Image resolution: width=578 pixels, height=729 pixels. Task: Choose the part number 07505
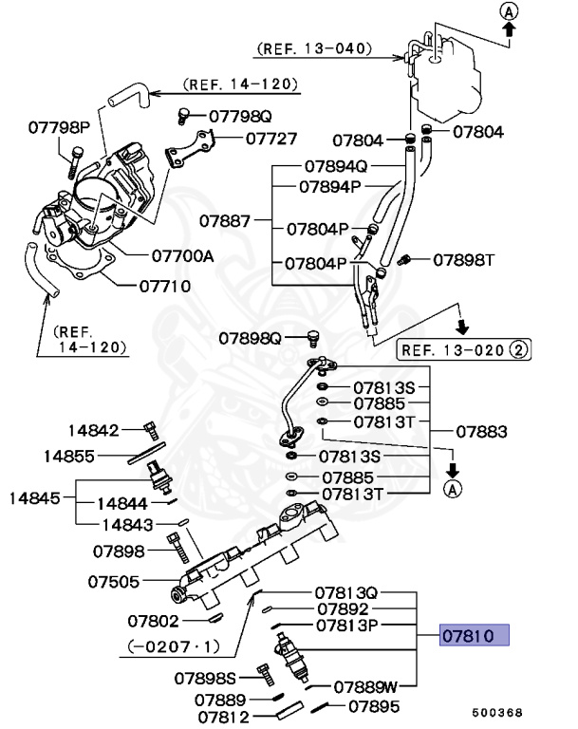coord(114,581)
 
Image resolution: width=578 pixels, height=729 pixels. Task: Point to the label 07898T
coord(465,259)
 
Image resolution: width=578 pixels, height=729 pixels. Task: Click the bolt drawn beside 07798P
coord(74,161)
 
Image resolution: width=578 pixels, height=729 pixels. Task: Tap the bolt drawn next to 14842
coord(148,429)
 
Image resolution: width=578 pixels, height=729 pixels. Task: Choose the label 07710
coord(165,285)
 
